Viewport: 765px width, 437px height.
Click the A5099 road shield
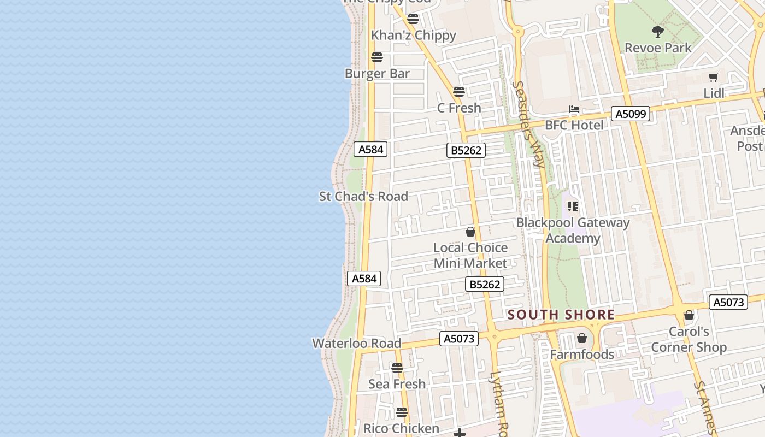coord(631,114)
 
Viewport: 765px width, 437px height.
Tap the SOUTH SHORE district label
coord(561,315)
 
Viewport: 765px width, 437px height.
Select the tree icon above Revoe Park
coord(658,32)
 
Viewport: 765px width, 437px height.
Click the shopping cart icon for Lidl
coord(713,78)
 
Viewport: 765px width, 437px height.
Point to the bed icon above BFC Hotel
coord(574,109)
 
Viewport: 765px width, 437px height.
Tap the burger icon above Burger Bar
coord(376,57)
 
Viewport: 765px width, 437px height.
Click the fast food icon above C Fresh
coord(459,92)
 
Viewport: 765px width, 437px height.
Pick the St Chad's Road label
coord(363,197)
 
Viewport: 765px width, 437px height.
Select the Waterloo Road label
coord(356,344)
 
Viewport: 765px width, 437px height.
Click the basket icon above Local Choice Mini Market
coord(470,232)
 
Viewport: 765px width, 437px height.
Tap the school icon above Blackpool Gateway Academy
coord(573,206)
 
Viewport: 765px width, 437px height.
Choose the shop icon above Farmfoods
coord(582,339)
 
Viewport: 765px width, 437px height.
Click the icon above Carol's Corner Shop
coord(689,316)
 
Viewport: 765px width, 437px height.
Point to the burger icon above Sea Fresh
coord(397,368)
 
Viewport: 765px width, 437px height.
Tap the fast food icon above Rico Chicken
coord(402,412)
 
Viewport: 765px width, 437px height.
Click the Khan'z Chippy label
coord(413,36)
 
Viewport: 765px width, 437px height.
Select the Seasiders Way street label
coord(529,125)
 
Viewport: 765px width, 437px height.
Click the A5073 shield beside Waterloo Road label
coord(459,339)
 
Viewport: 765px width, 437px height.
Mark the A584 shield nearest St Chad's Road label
coord(370,149)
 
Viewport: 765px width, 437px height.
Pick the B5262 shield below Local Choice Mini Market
coord(484,284)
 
